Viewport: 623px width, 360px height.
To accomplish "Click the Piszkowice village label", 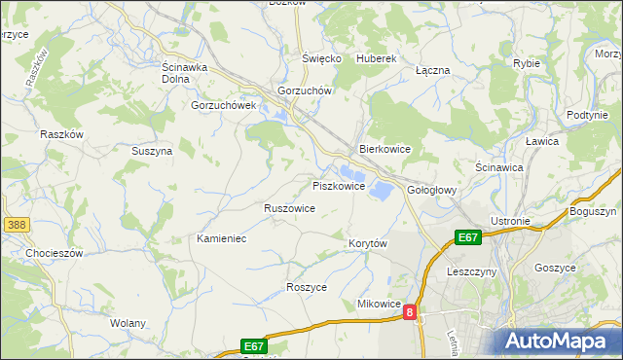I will coord(338,186).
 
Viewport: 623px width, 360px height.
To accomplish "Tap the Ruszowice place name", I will coord(289,208).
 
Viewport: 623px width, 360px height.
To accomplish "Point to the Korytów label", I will coord(368,242).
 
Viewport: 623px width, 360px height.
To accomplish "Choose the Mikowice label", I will coord(379,305).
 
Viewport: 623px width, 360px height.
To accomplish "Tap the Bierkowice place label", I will coord(385,150).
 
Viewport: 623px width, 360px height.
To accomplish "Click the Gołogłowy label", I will coord(431,190).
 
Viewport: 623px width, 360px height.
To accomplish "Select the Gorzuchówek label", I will coord(223,105).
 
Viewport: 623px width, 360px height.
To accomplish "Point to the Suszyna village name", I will coord(152,152).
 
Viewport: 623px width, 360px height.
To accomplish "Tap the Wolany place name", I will coord(128,323).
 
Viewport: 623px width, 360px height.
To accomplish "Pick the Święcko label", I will coord(321,58).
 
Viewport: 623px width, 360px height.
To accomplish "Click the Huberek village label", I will coord(377,58).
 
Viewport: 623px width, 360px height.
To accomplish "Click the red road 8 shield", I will coord(411,312).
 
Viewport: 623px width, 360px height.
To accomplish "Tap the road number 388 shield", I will coord(15,225).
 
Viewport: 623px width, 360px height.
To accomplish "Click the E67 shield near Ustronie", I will coord(468,236).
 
